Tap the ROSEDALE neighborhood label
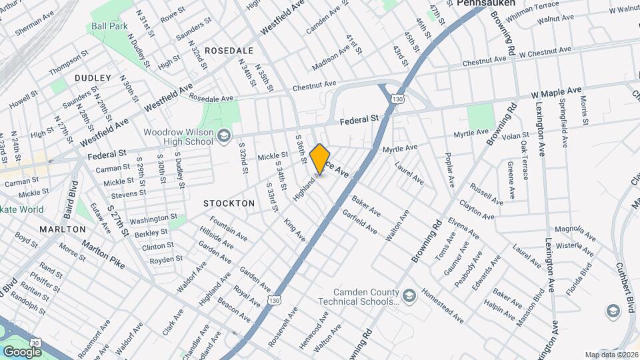pyautogui.click(x=229, y=51)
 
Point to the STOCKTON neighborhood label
pyautogui.click(x=229, y=203)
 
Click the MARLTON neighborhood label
pyautogui.click(x=62, y=229)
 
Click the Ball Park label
pyautogui.click(x=110, y=27)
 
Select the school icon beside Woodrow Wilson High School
pyautogui.click(x=223, y=137)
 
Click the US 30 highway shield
pyautogui.click(x=35, y=342)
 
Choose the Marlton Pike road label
pyautogui.click(x=103, y=253)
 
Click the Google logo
pyautogui.click(x=22, y=351)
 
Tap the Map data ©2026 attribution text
pyautogui.click(x=611, y=355)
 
